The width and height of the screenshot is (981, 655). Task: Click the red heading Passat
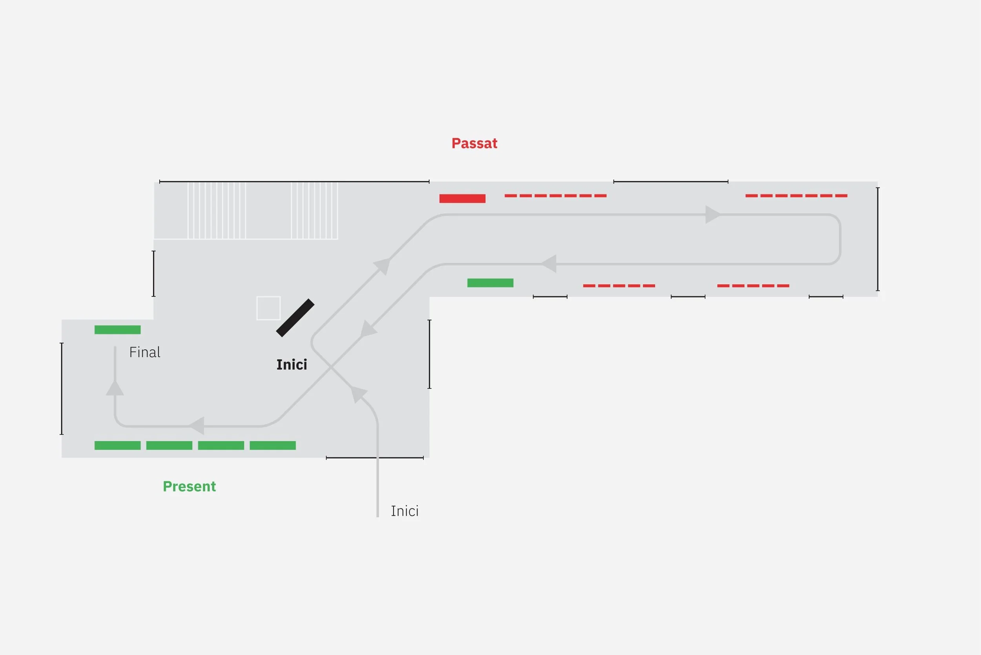474,143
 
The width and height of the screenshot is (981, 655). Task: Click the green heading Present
189,486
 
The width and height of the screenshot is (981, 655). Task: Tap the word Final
144,352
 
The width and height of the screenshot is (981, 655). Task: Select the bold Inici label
292,365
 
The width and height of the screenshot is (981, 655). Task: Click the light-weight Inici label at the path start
404,511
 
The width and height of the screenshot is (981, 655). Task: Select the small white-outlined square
268,308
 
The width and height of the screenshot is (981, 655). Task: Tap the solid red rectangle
462,198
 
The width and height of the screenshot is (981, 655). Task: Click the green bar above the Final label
117,329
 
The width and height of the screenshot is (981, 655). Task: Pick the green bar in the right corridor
490,283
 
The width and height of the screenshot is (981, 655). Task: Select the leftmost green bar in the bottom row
117,445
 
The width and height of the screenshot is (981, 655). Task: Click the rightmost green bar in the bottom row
273,445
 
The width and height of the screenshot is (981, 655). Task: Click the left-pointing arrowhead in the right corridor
549,263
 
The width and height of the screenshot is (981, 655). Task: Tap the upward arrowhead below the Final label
115,388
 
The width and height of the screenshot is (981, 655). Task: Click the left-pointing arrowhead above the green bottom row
197,426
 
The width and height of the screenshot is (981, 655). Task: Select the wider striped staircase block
217,210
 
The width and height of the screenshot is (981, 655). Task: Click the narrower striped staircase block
314,210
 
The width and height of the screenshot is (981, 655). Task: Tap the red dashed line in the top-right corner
796,196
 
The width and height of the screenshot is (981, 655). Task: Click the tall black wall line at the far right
877,239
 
